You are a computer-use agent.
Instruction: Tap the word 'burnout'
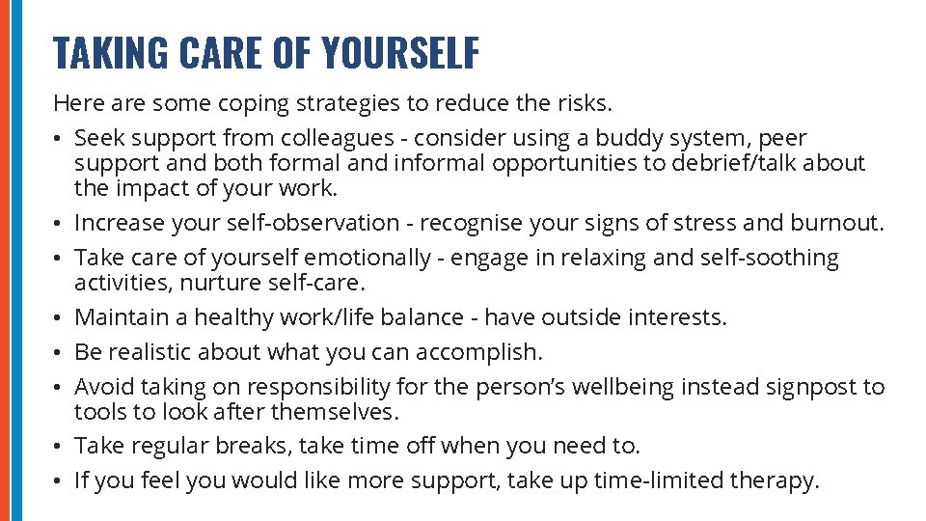coord(833,223)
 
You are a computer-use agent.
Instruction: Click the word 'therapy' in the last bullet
coord(778,480)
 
